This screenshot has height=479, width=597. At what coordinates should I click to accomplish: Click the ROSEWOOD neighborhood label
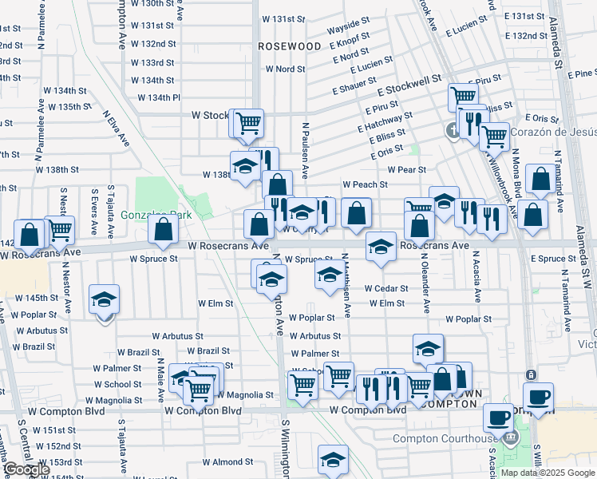[x=290, y=46]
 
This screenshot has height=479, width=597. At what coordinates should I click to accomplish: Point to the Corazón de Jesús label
[x=548, y=132]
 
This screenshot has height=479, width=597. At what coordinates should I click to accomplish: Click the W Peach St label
[x=365, y=184]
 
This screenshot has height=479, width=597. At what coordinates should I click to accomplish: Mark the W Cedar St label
[x=386, y=288]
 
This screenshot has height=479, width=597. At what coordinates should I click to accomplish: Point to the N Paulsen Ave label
[x=305, y=150]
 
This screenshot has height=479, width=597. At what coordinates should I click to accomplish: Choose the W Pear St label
[x=407, y=169]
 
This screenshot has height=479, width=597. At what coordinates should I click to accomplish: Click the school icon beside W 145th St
[x=104, y=300]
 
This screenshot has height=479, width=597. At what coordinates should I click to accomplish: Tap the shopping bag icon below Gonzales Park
[x=164, y=232]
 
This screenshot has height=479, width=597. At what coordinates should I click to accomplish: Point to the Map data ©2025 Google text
[x=548, y=473]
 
